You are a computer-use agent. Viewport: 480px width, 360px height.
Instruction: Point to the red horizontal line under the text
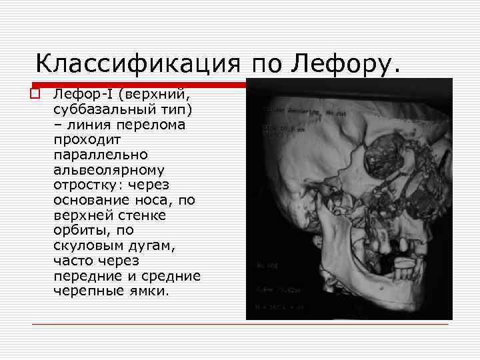point(240,325)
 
